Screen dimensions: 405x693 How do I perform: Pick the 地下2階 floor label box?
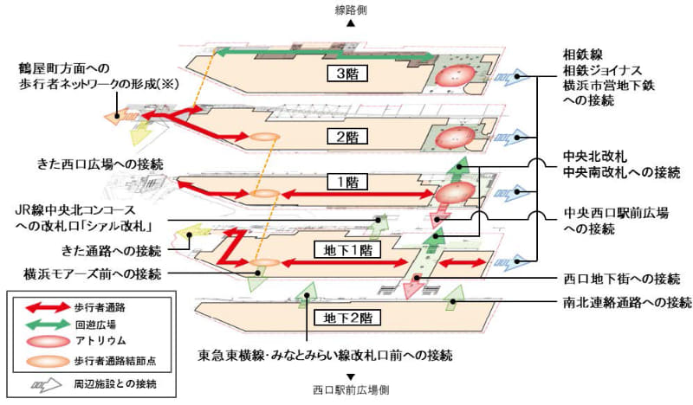(344, 316)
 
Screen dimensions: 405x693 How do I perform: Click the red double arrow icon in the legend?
(42, 305)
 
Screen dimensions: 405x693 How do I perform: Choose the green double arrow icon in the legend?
(42, 324)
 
